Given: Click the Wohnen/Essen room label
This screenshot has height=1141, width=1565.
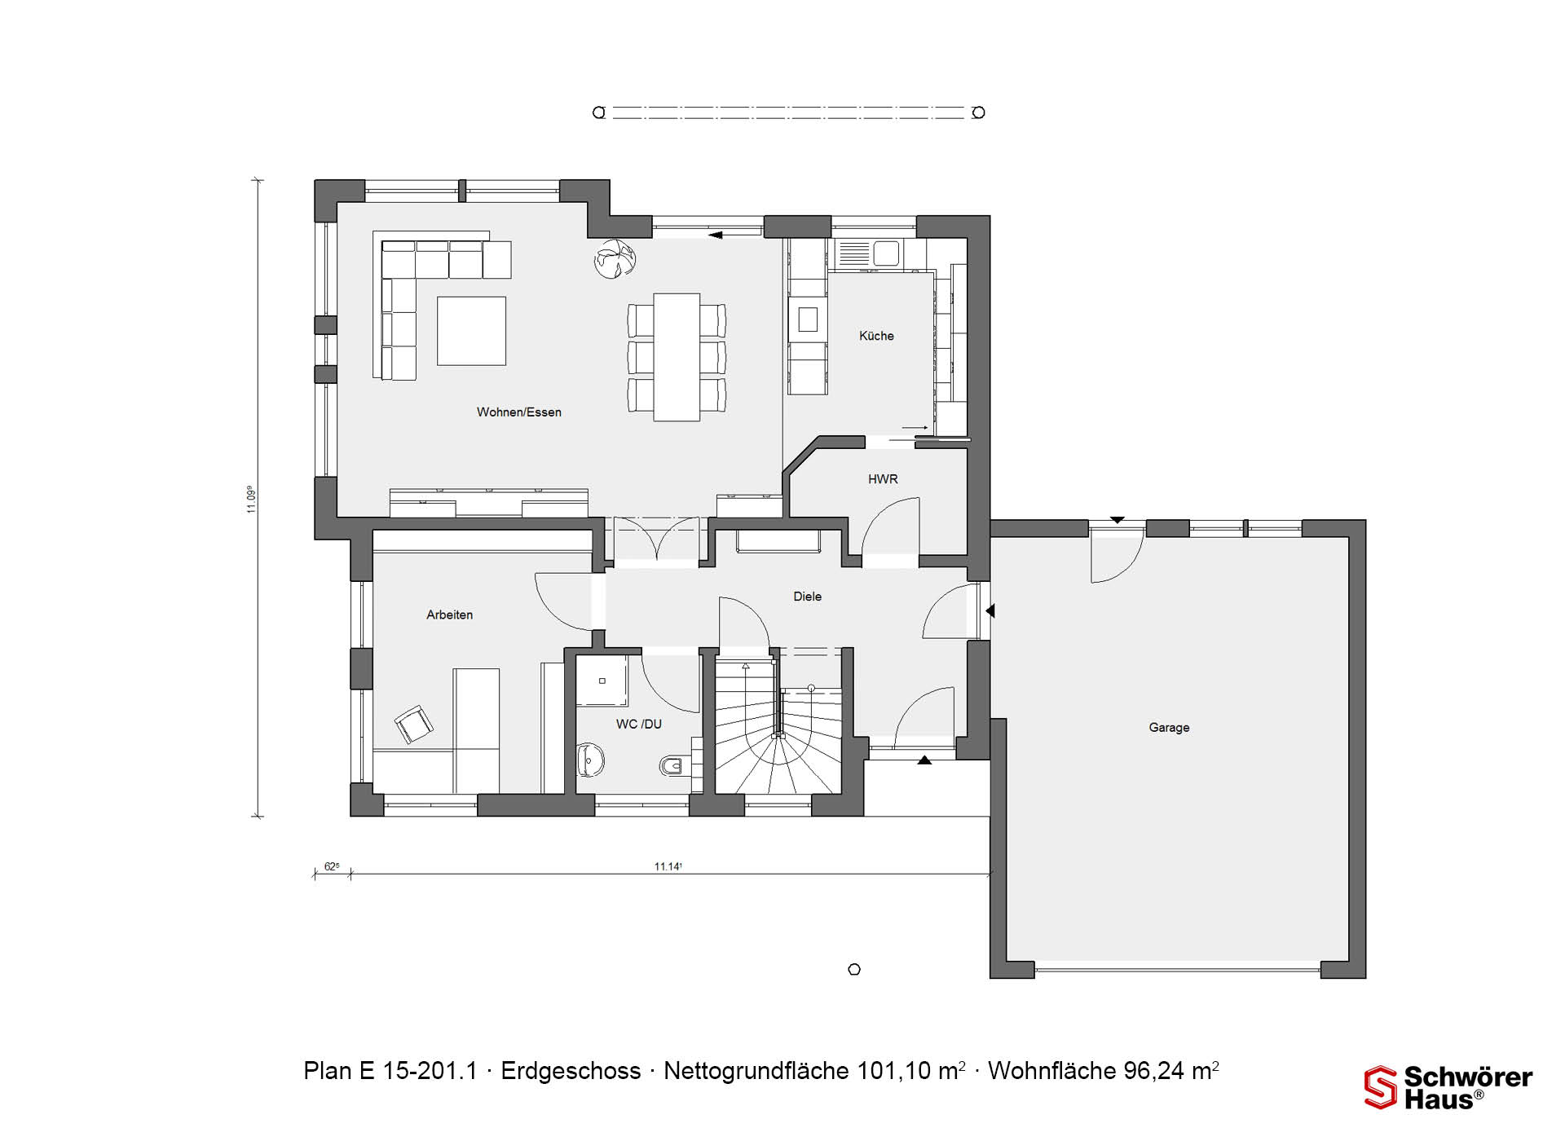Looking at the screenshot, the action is pyautogui.click(x=519, y=412).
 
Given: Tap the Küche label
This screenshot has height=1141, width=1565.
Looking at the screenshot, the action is pyautogui.click(x=876, y=336).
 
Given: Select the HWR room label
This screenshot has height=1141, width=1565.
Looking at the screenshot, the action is pyautogui.click(x=883, y=479).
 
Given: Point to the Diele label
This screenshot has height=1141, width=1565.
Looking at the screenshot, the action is pyautogui.click(x=807, y=597).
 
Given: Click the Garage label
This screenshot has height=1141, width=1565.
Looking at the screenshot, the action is pyautogui.click(x=1169, y=728).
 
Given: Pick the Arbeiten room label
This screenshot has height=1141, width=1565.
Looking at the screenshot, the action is pyautogui.click(x=449, y=615).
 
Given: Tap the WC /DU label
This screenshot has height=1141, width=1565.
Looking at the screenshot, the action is pyautogui.click(x=638, y=724).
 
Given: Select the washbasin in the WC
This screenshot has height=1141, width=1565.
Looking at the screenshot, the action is pyautogui.click(x=590, y=760).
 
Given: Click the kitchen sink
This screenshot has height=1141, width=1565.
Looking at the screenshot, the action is pyautogui.click(x=868, y=253).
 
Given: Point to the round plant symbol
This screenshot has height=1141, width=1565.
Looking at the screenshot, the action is pyautogui.click(x=615, y=258).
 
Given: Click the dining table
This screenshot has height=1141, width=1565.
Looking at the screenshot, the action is pyautogui.click(x=677, y=357).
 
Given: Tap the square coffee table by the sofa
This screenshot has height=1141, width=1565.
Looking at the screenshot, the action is pyautogui.click(x=471, y=331).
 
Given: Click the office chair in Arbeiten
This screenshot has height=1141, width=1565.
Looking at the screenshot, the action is pyautogui.click(x=414, y=725).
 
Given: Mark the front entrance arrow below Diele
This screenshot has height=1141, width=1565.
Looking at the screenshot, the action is pyautogui.click(x=924, y=760).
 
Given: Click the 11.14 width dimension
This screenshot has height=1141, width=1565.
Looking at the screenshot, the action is pyautogui.click(x=668, y=866).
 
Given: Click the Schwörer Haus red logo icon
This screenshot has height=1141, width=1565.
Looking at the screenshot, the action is pyautogui.click(x=1381, y=1088).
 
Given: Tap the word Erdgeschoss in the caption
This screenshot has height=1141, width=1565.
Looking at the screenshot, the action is pyautogui.click(x=571, y=1071).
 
